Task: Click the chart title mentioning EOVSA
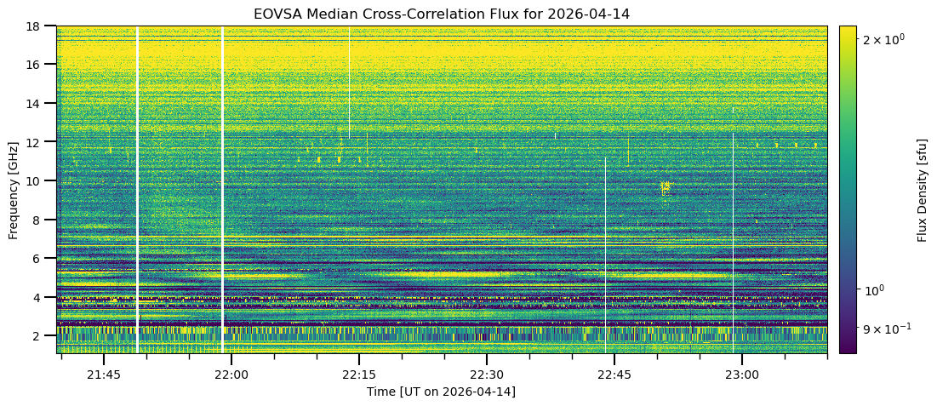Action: pyautogui.click(x=442, y=14)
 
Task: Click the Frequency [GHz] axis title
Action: pyautogui.click(x=14, y=189)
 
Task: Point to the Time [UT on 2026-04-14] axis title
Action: pyautogui.click(x=442, y=392)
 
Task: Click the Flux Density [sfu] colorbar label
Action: pyautogui.click(x=922, y=189)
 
